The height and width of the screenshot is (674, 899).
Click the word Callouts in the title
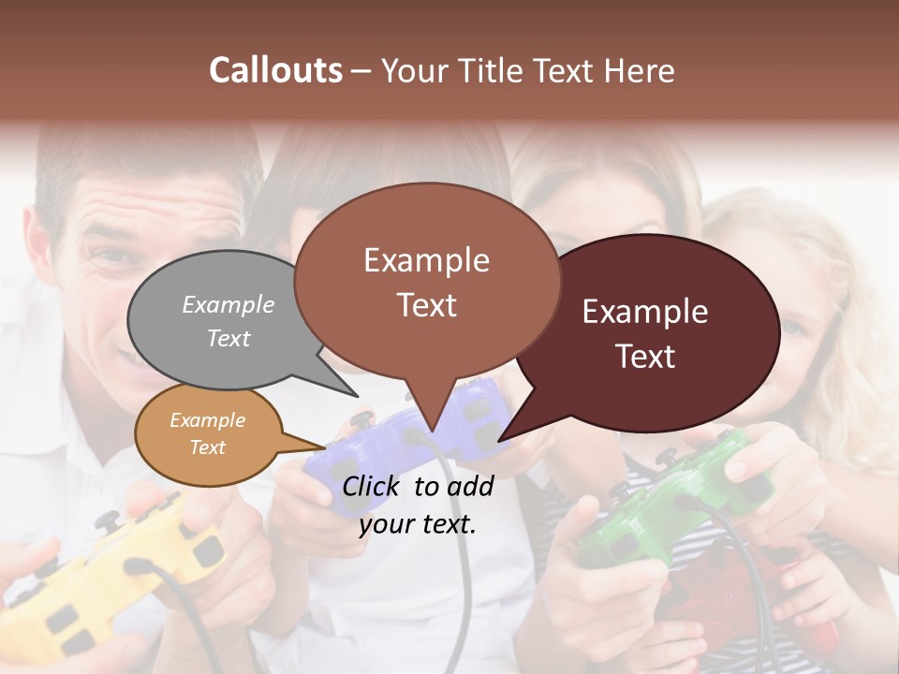(x=275, y=70)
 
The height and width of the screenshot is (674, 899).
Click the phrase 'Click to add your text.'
(x=417, y=505)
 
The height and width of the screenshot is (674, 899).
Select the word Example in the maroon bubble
(x=645, y=312)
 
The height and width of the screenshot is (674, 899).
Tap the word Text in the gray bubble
(x=228, y=338)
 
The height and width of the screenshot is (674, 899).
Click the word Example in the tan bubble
(x=207, y=420)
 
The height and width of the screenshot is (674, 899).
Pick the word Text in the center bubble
(x=427, y=305)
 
